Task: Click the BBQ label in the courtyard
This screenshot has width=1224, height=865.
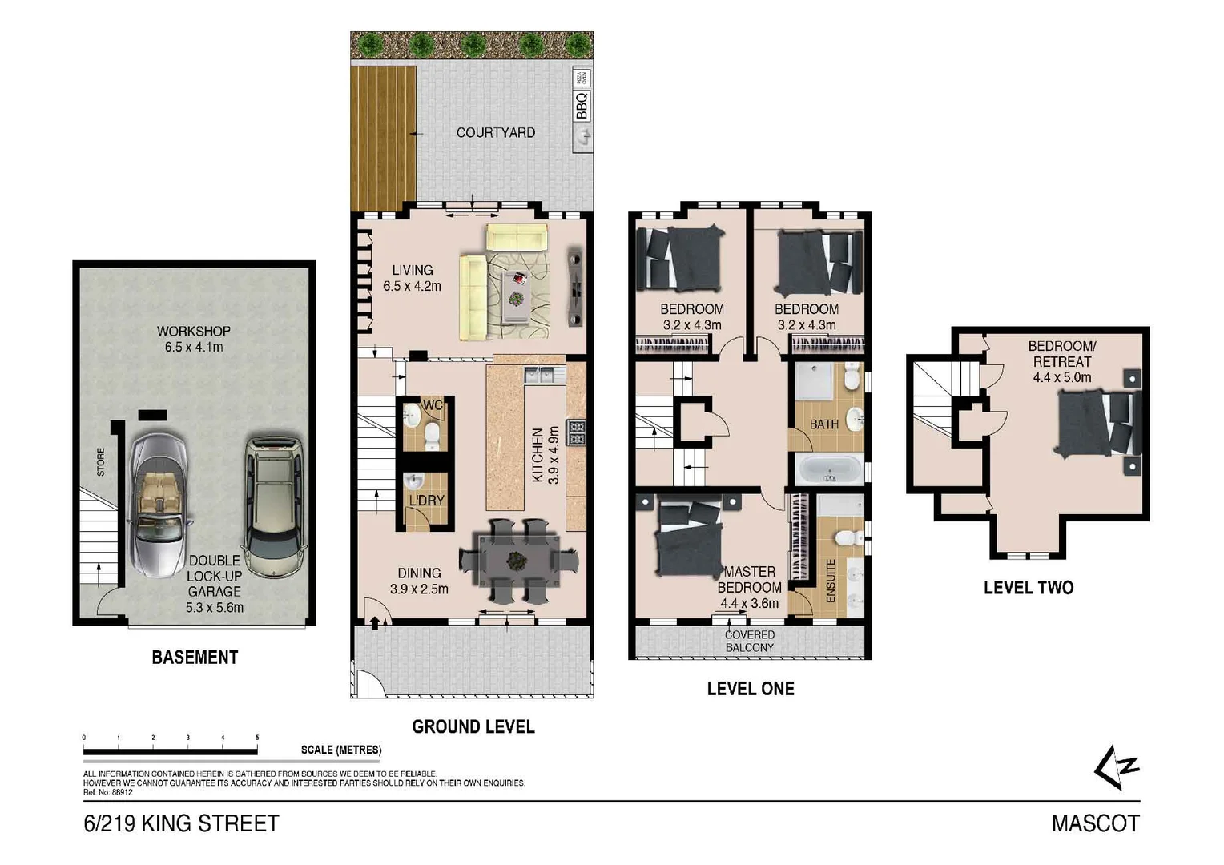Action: click(582, 106)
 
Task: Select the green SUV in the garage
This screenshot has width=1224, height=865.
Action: click(274, 506)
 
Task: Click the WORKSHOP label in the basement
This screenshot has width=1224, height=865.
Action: click(193, 331)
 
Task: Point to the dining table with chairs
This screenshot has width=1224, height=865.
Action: click(519, 560)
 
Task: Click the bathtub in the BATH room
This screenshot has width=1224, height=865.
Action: click(829, 469)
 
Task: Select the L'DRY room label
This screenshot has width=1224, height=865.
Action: click(426, 501)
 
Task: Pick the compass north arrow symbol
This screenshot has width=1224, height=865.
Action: click(1117, 767)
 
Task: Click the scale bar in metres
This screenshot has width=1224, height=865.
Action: click(170, 751)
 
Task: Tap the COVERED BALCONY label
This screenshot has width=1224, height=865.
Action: click(750, 641)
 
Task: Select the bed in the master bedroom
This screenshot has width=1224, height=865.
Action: click(689, 537)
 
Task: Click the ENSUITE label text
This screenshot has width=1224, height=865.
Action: click(831, 581)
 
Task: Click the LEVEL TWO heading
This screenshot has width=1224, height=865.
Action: click(1028, 588)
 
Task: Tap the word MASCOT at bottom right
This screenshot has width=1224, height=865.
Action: click(1094, 823)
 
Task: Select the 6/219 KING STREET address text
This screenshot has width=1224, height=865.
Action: click(181, 823)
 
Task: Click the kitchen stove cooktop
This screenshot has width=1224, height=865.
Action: click(576, 432)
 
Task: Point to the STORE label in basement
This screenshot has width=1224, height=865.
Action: click(100, 462)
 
